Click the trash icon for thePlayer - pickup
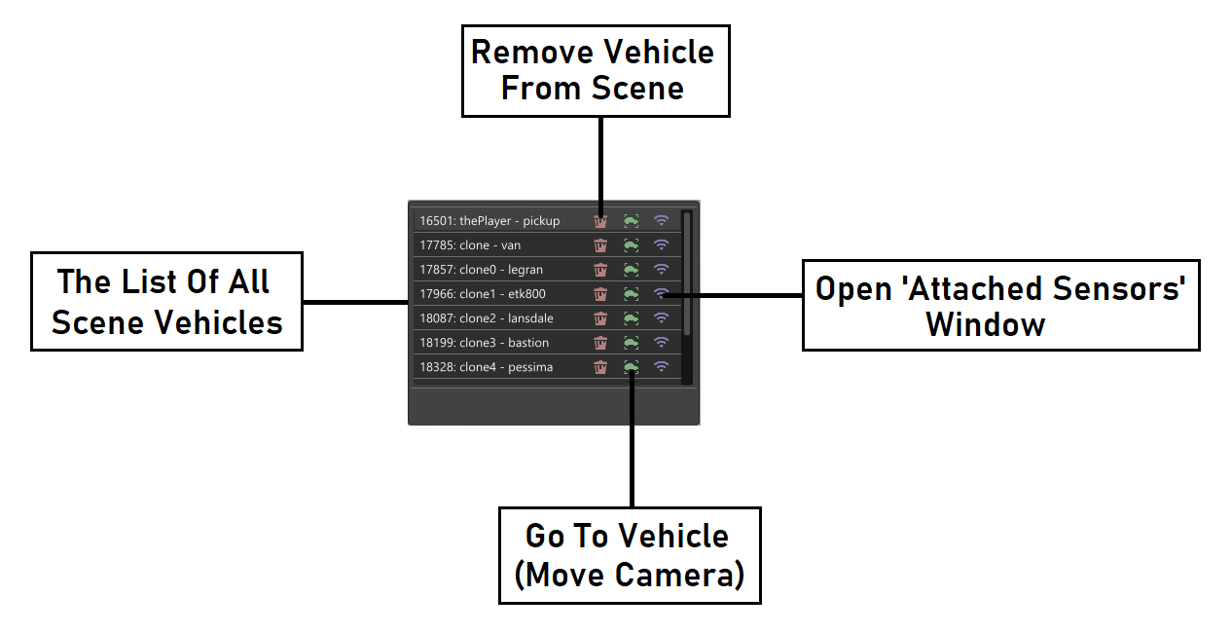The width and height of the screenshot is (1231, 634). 600,221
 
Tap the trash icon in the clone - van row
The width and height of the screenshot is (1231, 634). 600,245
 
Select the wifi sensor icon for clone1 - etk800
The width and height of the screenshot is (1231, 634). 661,293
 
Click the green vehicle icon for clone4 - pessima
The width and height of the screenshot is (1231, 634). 631,367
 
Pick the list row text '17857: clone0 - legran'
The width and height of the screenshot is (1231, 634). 481,270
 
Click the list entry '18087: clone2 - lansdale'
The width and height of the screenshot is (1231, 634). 486,318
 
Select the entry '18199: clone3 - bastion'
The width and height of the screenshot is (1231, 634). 484,343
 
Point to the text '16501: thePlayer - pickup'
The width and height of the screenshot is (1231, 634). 489,221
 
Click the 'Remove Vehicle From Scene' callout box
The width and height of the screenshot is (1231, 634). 594,71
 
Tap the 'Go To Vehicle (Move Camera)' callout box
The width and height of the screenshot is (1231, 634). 629,555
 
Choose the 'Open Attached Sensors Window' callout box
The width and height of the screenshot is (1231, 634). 1000,305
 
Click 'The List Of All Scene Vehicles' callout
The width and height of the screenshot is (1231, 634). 166,301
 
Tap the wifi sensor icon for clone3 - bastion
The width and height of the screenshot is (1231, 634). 661,343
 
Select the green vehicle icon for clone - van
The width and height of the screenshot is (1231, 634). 631,245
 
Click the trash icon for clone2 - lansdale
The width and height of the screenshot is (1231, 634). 600,318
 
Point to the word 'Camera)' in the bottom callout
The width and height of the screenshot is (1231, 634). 684,575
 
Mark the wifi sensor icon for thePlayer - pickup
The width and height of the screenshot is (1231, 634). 661,221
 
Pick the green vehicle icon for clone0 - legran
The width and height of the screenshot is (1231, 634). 631,270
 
